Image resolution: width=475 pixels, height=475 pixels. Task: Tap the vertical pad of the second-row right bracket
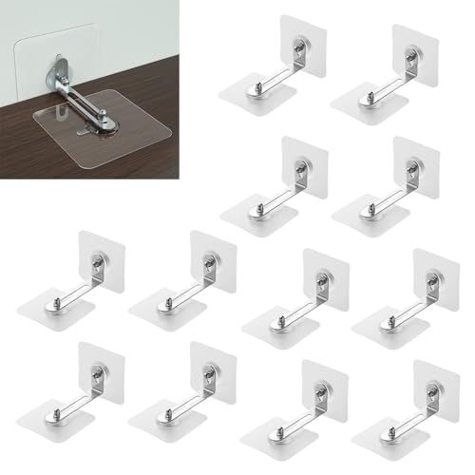pos(414,161)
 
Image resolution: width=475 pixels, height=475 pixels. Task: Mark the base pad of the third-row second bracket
pos(157,309)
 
